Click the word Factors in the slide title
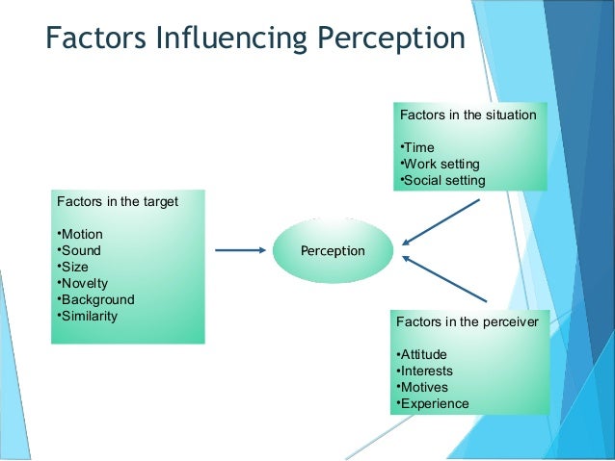point(91,39)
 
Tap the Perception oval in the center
point(333,250)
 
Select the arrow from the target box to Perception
point(240,250)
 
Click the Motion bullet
point(80,235)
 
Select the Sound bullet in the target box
point(79,251)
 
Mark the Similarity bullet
point(88,316)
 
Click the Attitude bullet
point(421,354)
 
